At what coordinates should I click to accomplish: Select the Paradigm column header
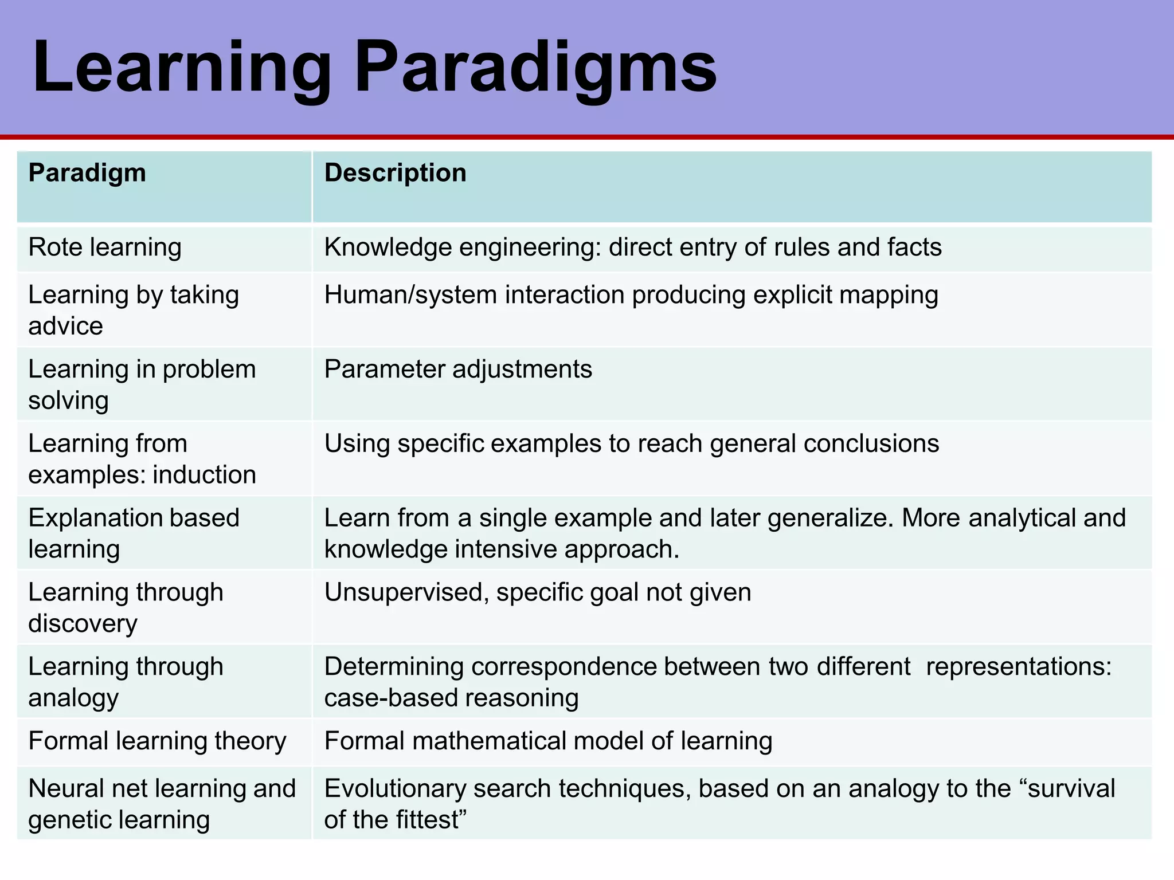87,173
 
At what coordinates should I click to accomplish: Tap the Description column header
395,173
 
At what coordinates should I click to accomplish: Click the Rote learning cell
105,247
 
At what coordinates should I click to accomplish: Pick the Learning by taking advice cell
133,310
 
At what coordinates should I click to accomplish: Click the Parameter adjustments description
457,370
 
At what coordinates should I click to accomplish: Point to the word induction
204,475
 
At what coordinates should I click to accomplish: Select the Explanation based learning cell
133,533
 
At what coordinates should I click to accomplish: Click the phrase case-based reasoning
451,698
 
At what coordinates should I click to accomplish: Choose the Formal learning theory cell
157,741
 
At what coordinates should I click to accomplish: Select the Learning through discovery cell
126,607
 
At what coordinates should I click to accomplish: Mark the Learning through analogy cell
126,682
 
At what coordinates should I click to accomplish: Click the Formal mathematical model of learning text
548,741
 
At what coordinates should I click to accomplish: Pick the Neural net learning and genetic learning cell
162,804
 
